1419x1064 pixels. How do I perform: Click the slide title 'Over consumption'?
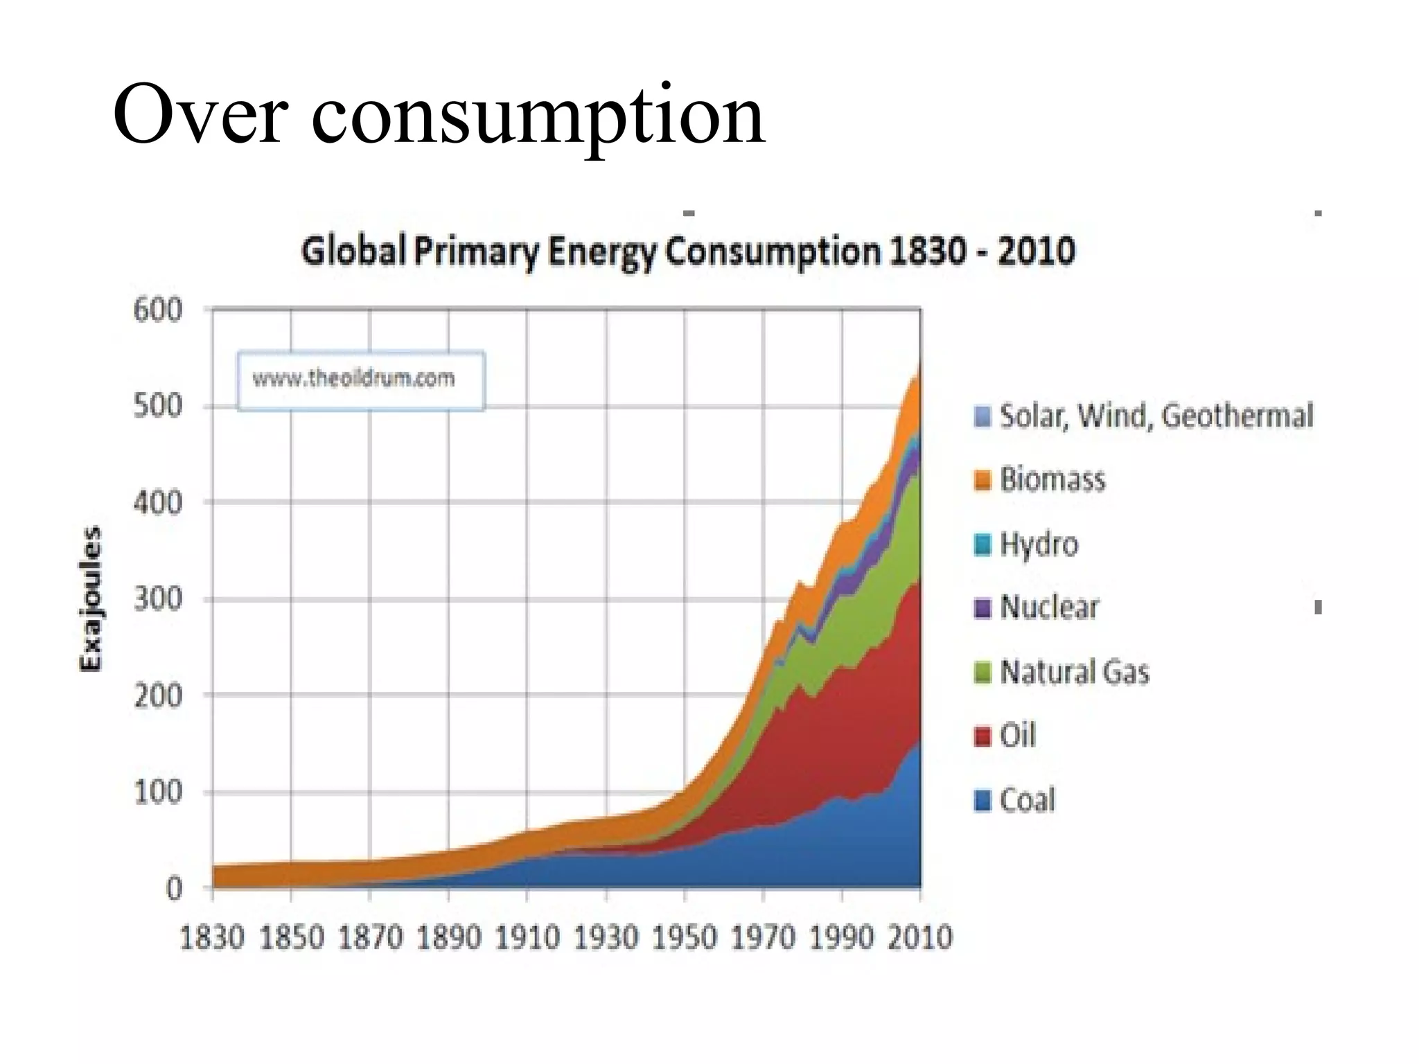tap(438, 114)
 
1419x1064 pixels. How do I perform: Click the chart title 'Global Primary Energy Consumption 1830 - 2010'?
tap(687, 251)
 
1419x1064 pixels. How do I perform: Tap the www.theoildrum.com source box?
tap(360, 380)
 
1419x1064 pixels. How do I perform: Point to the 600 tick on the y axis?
tap(157, 310)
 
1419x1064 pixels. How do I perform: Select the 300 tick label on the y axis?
tap(157, 598)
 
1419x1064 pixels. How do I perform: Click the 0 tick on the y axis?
tap(173, 888)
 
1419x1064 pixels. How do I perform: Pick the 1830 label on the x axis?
tap(212, 938)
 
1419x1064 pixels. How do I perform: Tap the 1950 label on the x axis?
tap(685, 938)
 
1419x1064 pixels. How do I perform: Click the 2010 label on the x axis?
tap(920, 938)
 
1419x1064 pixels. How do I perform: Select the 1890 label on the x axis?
tap(448, 938)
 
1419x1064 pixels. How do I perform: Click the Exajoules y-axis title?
tap(91, 598)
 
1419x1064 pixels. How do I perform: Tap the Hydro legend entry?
tap(1038, 544)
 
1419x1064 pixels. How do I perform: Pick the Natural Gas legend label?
tap(1074, 672)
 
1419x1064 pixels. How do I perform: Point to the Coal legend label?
tap(1027, 800)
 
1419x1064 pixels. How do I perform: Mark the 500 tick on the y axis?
tap(157, 406)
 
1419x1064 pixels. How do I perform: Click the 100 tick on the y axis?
tap(157, 792)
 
